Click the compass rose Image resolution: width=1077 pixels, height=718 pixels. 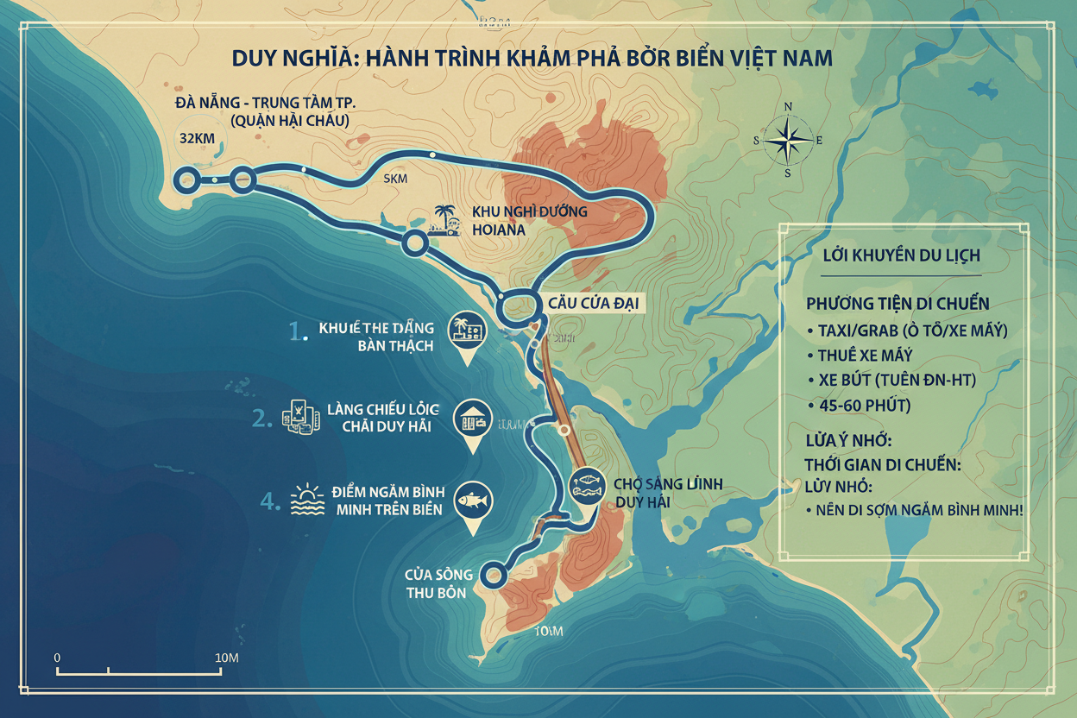[x=787, y=139]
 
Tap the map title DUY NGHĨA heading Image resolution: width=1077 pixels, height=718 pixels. [x=532, y=58]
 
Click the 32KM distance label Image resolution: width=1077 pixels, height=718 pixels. [x=197, y=138]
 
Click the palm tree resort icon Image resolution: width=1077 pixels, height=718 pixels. [x=443, y=219]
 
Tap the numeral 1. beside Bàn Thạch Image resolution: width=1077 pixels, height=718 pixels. [x=298, y=332]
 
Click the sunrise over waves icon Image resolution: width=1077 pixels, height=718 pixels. [x=309, y=500]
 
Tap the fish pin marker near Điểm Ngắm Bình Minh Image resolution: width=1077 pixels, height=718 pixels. [x=473, y=503]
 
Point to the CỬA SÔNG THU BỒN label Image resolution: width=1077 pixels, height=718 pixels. [x=438, y=583]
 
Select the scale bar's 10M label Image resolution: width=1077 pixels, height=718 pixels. [x=226, y=658]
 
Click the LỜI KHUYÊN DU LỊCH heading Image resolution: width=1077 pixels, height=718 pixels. [x=901, y=256]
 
